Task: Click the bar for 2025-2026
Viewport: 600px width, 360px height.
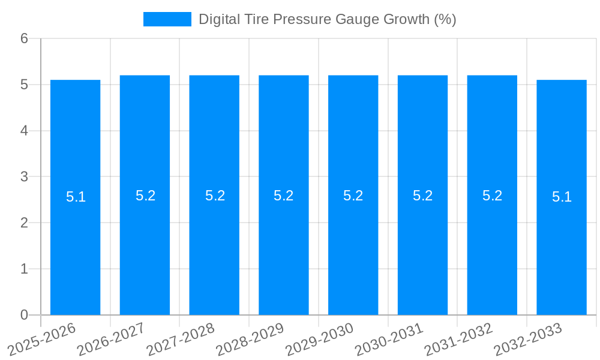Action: click(75, 252)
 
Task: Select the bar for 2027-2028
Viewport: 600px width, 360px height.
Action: click(214, 252)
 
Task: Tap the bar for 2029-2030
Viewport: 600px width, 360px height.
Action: click(353, 252)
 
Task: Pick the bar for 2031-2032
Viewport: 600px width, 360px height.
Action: click(492, 252)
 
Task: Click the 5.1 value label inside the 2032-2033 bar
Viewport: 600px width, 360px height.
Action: click(562, 197)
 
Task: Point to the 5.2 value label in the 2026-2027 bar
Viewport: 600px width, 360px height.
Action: click(145, 196)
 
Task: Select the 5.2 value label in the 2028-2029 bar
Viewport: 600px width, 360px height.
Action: click(283, 196)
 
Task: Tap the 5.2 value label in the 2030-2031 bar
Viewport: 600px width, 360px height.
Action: click(422, 196)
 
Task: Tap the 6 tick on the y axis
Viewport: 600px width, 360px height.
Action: click(25, 39)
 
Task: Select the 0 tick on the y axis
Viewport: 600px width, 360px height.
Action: click(25, 315)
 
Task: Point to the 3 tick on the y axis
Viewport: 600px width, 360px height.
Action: click(25, 177)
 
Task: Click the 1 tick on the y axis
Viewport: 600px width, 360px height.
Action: click(25, 269)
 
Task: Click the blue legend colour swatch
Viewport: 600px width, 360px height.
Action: click(167, 19)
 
